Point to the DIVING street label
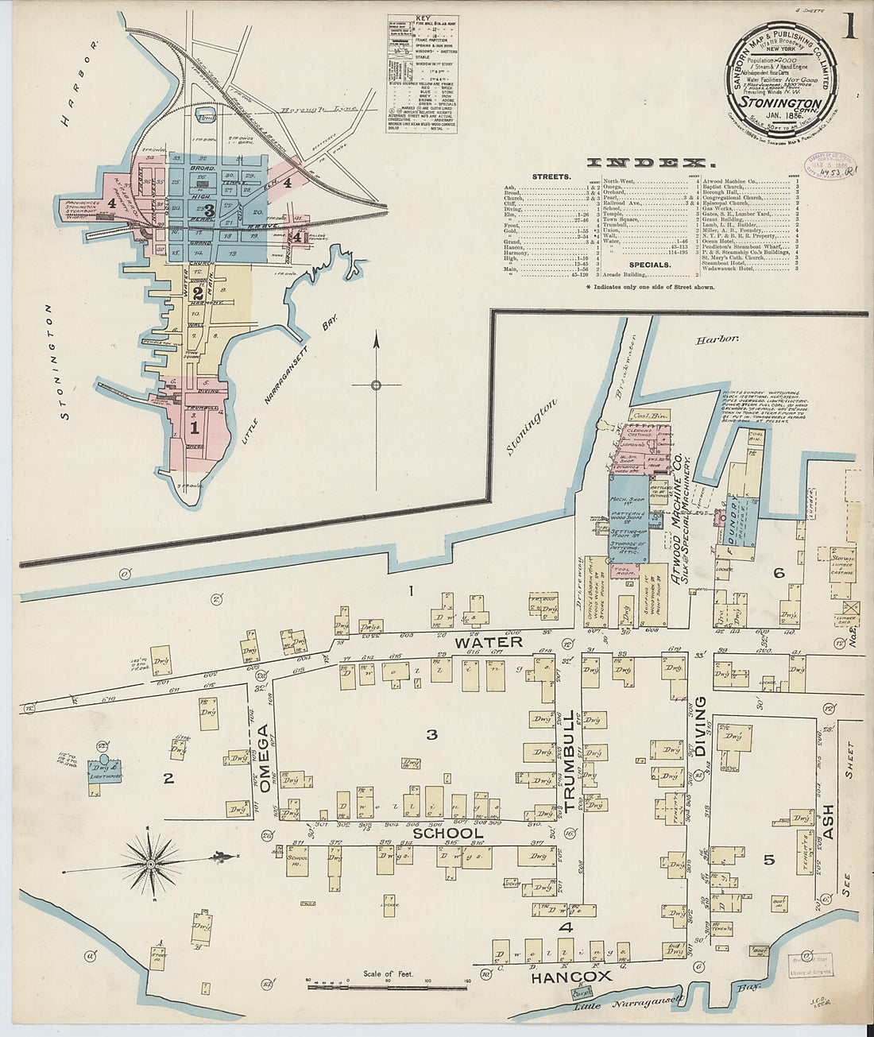(x=700, y=727)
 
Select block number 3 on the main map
(x=431, y=735)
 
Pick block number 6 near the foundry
(x=779, y=572)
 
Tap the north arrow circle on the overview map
(x=377, y=385)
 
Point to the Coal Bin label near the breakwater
(x=640, y=415)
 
